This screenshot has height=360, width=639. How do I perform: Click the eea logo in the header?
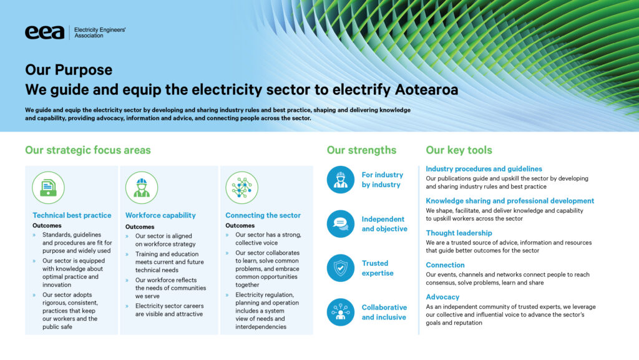(45, 32)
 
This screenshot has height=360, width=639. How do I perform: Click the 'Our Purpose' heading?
(69, 70)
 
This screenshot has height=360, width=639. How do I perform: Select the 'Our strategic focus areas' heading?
(87, 150)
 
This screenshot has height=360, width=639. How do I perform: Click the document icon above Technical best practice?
(48, 188)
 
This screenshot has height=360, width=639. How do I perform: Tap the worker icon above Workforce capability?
(142, 188)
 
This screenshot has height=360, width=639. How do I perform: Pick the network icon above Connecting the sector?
(241, 188)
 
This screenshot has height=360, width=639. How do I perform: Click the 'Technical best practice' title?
(72, 215)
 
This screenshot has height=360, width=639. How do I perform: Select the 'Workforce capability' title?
(160, 215)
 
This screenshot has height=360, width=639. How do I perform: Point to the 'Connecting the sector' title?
(263, 215)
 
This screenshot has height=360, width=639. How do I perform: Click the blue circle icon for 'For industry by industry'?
(341, 180)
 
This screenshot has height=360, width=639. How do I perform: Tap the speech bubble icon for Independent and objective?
(341, 224)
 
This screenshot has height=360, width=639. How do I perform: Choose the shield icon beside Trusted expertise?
(341, 268)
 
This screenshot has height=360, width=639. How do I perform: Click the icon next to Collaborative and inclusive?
(341, 313)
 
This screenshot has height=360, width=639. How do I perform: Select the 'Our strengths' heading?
(361, 150)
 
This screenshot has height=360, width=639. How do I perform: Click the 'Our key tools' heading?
(459, 150)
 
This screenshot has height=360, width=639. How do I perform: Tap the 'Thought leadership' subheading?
(459, 233)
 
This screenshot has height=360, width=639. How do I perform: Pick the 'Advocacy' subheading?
(442, 297)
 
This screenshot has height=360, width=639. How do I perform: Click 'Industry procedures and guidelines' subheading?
(484, 168)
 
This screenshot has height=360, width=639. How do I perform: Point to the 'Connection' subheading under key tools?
(445, 265)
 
